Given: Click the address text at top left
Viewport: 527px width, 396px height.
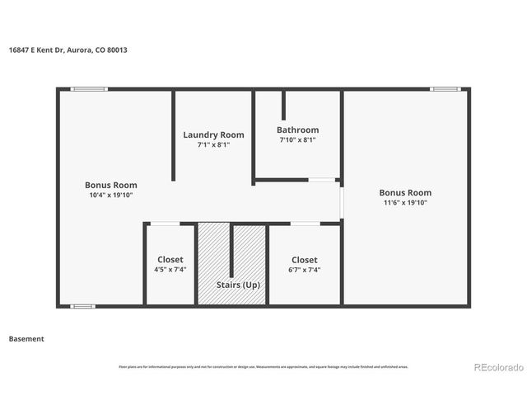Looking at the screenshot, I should point(68,49).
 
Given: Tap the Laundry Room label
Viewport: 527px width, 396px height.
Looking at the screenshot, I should point(213,134).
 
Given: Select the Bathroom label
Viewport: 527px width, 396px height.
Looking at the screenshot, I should point(297,130).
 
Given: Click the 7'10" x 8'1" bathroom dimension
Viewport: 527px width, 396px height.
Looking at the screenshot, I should point(297,140).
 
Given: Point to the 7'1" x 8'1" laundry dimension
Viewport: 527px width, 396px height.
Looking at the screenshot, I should point(213,144).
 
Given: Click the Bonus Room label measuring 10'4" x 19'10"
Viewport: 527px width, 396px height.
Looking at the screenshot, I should point(111,185).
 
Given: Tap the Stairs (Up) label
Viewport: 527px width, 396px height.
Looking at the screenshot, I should point(239,285).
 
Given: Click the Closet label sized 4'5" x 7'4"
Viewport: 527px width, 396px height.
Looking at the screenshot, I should point(170,259).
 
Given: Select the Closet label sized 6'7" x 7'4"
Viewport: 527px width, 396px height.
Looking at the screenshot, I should point(304,259).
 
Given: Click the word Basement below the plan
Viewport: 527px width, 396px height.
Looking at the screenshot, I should point(26,338).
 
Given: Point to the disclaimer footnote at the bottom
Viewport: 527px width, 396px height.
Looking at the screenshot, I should point(263,366).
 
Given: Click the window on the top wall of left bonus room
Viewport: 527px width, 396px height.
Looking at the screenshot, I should point(88,89).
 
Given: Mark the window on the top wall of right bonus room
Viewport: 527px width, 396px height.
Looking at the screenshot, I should point(445,89).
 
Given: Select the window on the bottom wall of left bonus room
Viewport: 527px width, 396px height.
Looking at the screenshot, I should point(82,307).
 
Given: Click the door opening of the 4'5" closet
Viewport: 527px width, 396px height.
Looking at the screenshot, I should point(166,223).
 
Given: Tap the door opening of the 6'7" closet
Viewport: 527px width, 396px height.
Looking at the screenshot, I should point(305,223).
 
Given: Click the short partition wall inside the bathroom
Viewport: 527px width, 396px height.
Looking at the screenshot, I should point(284,106).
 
